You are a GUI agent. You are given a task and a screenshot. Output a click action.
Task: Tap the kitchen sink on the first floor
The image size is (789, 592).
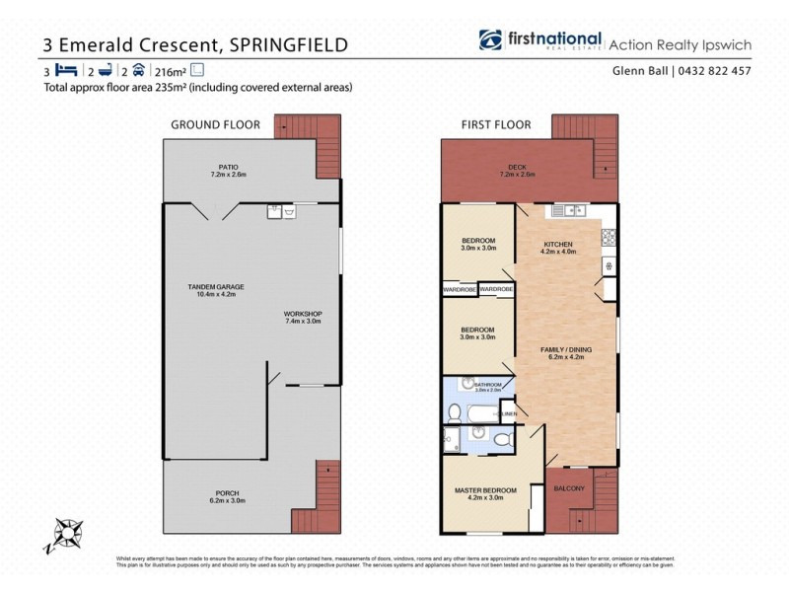569,210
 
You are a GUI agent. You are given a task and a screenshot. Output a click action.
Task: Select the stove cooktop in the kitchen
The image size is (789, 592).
610,238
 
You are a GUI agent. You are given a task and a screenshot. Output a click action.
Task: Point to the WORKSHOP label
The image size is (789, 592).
303,315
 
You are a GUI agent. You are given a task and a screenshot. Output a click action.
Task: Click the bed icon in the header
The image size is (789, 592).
66,70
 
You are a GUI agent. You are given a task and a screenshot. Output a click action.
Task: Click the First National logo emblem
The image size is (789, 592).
490,40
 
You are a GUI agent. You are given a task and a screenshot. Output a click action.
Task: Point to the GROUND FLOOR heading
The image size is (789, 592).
215,124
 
